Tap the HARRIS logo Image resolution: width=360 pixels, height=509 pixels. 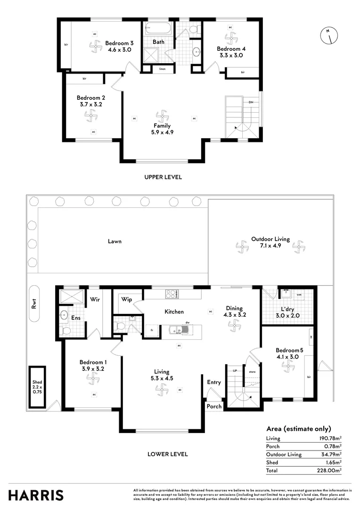click(36, 495)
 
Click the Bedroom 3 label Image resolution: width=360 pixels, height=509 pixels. click(119, 41)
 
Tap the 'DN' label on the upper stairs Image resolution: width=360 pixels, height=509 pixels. click(251, 102)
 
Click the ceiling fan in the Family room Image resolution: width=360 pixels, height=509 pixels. click(162, 115)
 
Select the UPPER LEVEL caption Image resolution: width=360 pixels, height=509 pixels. click(163, 177)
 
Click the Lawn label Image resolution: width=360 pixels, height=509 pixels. click(115, 241)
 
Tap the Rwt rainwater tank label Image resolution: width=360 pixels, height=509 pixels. click(33, 305)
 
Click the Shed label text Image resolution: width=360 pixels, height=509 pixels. click(37, 382)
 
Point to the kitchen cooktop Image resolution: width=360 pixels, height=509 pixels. click(171, 294)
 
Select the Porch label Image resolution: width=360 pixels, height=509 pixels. click(214, 406)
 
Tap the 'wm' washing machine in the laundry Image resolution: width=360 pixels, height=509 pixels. click(299, 295)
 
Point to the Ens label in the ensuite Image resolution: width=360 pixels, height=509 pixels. click(76, 318)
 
